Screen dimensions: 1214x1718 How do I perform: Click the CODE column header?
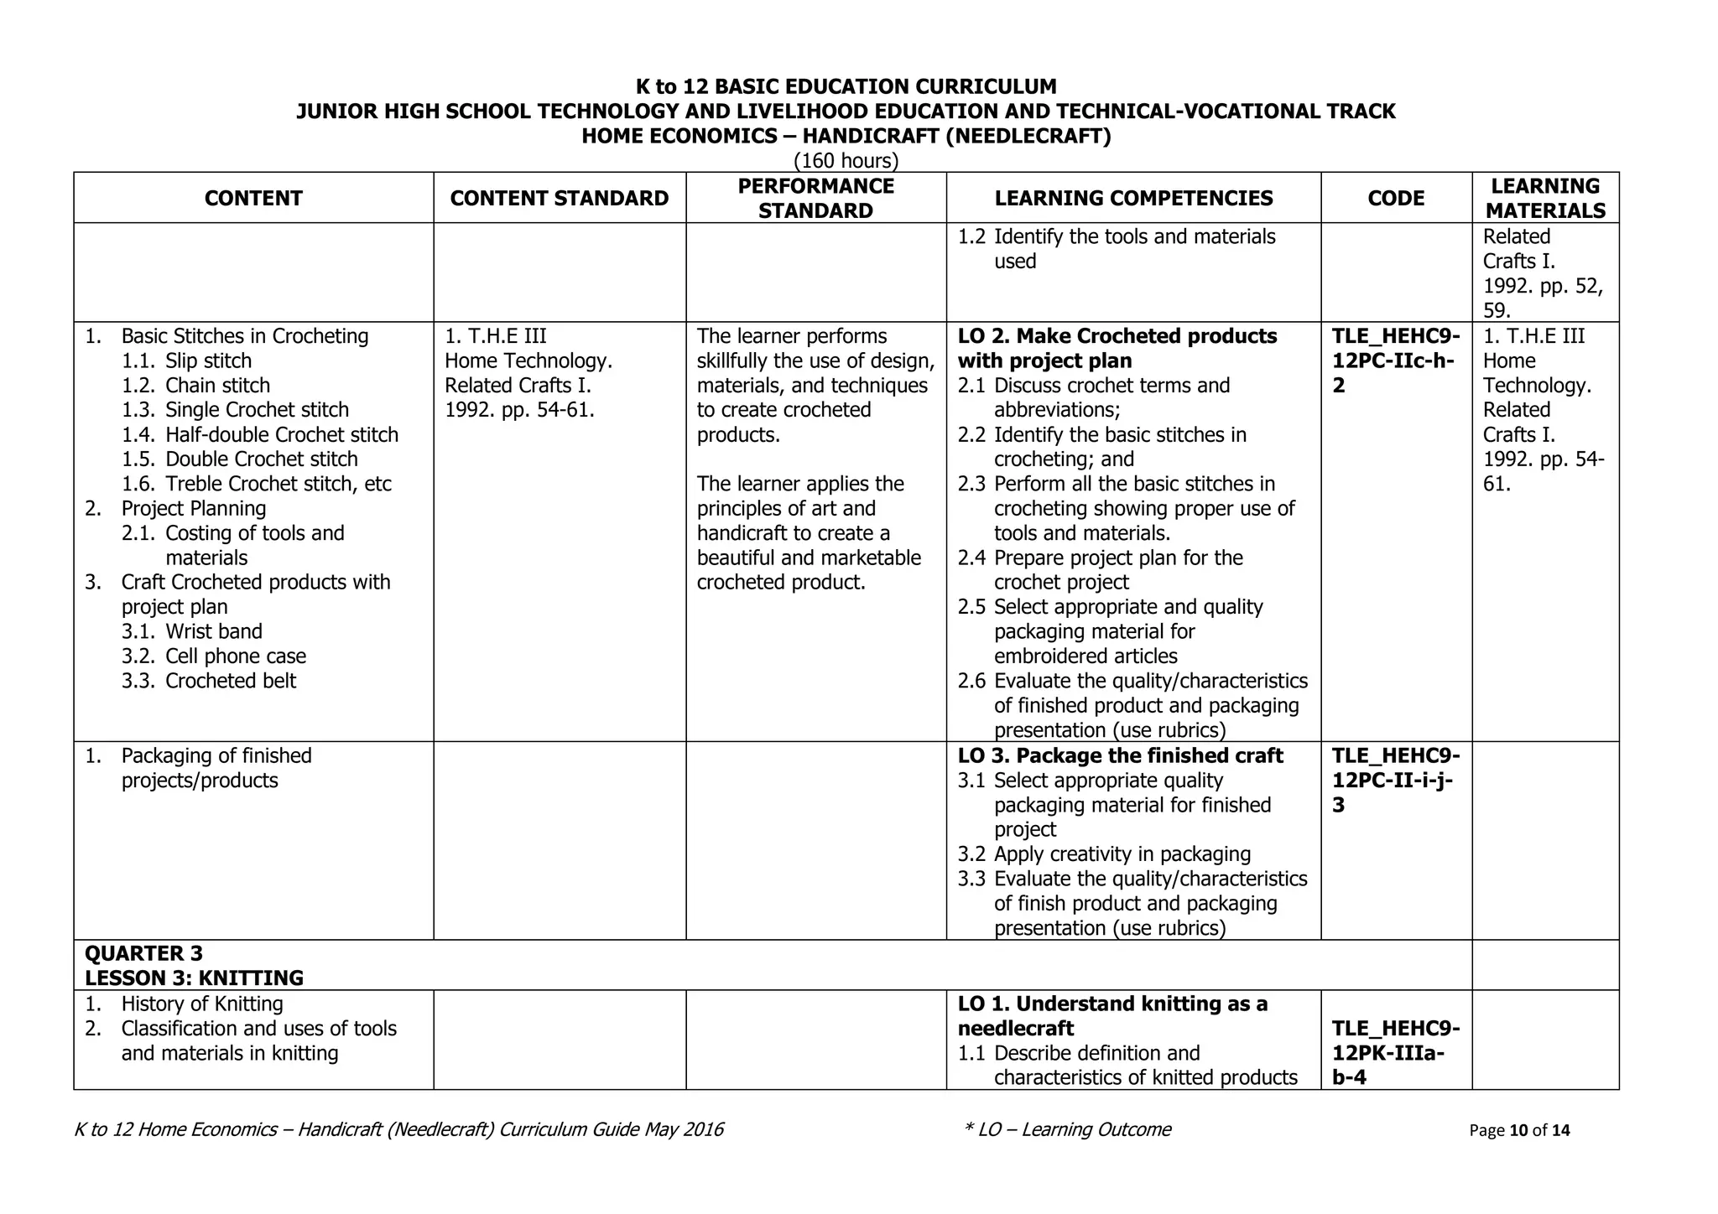click(1396, 198)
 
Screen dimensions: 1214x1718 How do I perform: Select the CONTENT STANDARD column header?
click(559, 198)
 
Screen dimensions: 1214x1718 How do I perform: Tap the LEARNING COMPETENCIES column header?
click(1133, 198)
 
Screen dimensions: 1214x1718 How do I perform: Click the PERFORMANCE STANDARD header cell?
click(815, 198)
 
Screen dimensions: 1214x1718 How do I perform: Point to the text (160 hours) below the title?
click(846, 160)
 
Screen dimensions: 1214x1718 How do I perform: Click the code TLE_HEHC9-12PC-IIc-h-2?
click(1395, 361)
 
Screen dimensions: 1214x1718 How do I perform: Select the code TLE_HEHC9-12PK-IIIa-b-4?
click(1395, 1052)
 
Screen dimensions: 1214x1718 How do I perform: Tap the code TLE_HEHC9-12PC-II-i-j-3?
click(1395, 780)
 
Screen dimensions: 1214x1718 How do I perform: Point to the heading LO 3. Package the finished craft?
click(1120, 755)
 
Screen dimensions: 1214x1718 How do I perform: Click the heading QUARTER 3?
click(143, 953)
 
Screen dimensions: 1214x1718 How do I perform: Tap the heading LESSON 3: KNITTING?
click(194, 978)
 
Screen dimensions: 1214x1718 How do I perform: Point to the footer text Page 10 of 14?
click(1519, 1130)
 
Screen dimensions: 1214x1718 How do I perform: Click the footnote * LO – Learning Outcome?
click(1067, 1129)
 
